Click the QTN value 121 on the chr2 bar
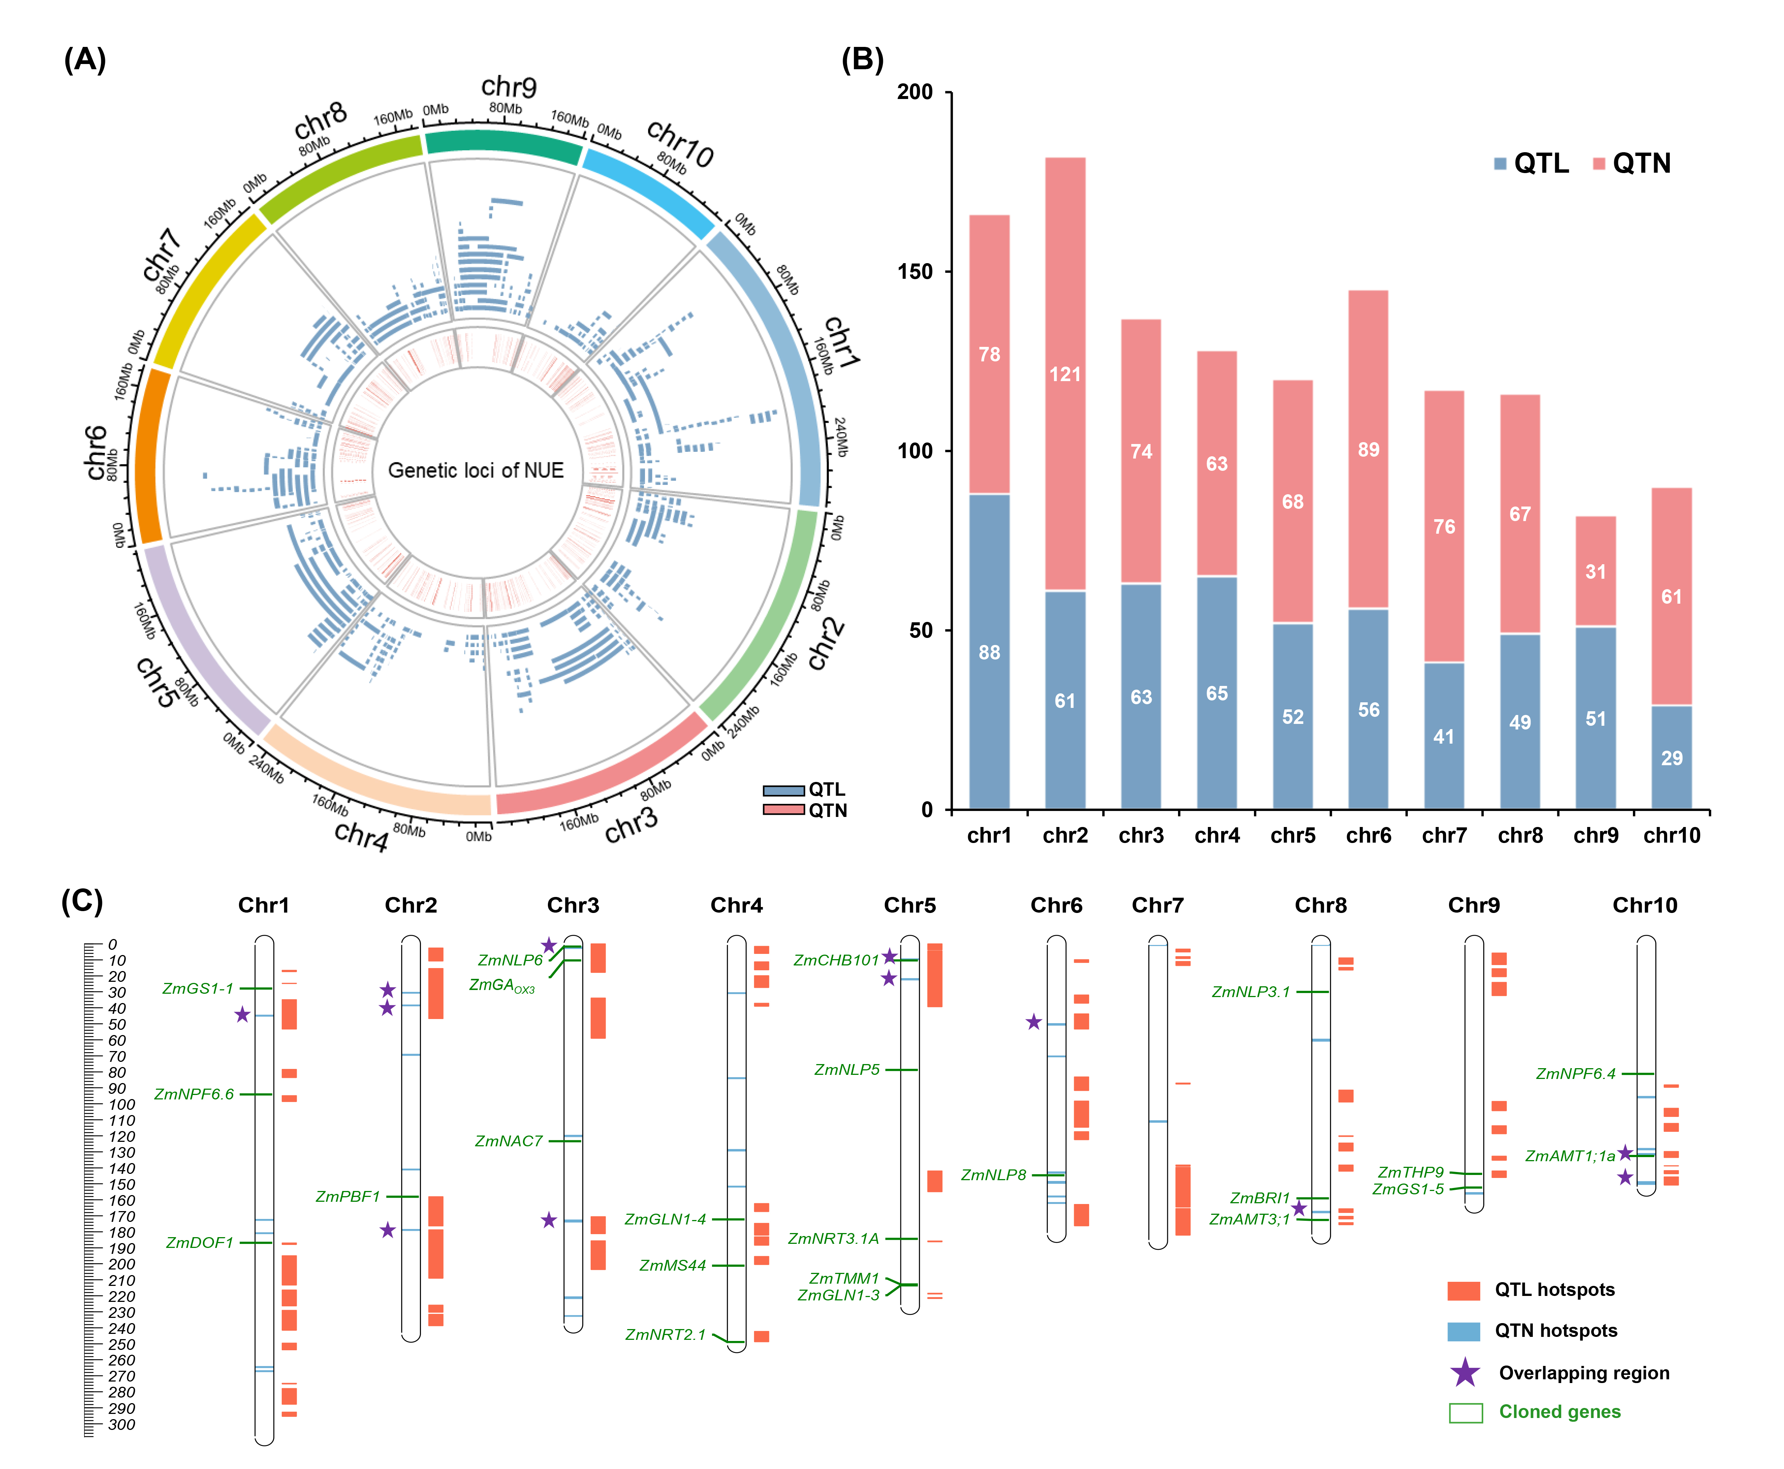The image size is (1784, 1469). coord(1065,374)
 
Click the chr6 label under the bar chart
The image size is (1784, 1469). coord(1369,836)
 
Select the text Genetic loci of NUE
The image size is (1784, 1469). coord(476,470)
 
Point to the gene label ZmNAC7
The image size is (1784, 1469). coord(509,1141)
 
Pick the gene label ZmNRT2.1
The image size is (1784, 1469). coord(665,1334)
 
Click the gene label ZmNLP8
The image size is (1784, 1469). coord(993,1175)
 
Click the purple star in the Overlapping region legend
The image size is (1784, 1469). coord(1465,1373)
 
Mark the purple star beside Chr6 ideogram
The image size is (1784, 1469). coord(1033,1022)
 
